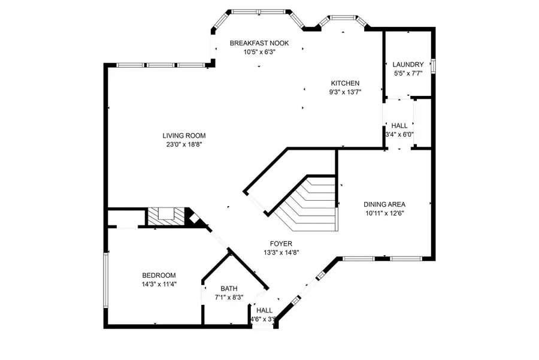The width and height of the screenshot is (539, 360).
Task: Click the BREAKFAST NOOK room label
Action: click(x=259, y=43)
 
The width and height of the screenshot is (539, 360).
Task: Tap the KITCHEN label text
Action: click(x=345, y=83)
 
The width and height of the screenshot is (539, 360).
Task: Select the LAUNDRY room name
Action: click(x=408, y=65)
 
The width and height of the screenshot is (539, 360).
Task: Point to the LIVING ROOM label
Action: click(x=184, y=136)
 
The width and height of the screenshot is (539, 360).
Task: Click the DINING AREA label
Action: click(x=384, y=205)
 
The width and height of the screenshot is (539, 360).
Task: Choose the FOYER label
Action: click(x=281, y=244)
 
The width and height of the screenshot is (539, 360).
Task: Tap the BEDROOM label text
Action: click(x=159, y=276)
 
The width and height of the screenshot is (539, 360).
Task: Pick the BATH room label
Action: click(x=229, y=289)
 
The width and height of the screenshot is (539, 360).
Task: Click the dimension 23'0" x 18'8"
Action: click(x=184, y=145)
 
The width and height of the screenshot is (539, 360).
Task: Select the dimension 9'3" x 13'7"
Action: click(x=345, y=92)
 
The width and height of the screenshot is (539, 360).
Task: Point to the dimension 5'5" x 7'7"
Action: click(x=408, y=73)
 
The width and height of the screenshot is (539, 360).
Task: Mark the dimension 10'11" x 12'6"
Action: click(x=384, y=213)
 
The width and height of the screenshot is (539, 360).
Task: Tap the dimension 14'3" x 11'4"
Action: click(x=159, y=285)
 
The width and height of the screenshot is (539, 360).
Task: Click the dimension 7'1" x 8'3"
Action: click(x=229, y=298)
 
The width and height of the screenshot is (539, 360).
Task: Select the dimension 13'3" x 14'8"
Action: click(x=281, y=253)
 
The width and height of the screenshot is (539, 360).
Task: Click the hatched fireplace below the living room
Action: click(x=166, y=217)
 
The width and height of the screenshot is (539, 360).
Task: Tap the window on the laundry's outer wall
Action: click(x=434, y=66)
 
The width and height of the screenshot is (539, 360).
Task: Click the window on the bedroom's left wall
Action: click(x=106, y=280)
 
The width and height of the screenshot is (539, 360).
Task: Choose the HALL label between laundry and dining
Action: click(x=399, y=126)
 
